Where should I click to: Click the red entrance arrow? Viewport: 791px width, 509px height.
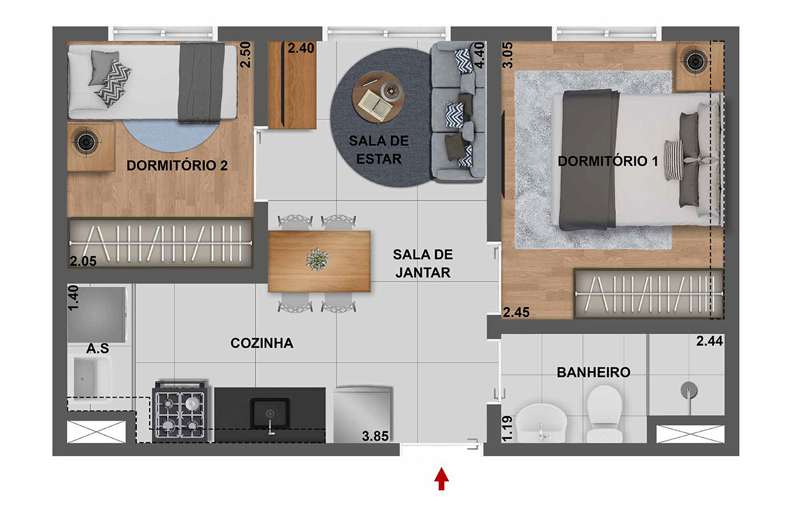click(441, 478)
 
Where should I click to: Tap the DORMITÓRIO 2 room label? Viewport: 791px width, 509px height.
click(177, 165)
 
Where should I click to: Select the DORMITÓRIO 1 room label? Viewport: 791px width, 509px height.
click(608, 161)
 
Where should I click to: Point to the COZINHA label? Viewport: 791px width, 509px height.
click(262, 343)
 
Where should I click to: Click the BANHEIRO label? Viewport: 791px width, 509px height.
click(593, 372)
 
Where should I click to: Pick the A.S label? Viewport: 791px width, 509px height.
click(97, 348)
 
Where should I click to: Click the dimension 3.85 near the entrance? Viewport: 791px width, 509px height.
click(375, 436)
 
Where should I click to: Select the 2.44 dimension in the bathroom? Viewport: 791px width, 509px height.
click(710, 341)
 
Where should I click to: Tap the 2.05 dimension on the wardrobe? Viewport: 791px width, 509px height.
click(83, 261)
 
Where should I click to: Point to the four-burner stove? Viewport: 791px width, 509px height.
click(180, 412)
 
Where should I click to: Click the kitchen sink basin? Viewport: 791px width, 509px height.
click(270, 412)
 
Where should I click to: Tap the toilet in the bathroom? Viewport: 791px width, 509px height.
click(604, 413)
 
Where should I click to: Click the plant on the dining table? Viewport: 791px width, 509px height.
click(318, 260)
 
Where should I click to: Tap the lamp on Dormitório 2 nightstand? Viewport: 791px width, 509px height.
click(85, 142)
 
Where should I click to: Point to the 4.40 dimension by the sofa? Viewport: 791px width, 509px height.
click(480, 55)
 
